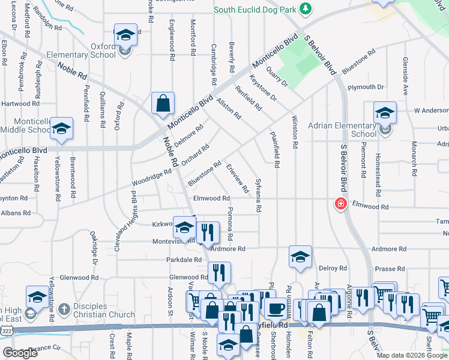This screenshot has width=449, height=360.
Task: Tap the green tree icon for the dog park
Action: (x=307, y=8)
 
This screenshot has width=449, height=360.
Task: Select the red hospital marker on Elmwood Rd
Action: (x=341, y=205)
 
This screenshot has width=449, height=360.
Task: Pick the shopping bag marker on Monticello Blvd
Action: (x=163, y=104)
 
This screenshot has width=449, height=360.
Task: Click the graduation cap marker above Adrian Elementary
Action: (x=385, y=112)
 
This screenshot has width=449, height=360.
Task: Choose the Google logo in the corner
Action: (x=20, y=353)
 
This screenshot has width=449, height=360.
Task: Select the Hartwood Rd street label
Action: (x=20, y=103)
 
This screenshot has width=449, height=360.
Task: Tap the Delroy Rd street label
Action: (x=333, y=268)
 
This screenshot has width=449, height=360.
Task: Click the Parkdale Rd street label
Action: (x=184, y=260)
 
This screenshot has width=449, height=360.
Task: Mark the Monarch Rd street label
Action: (x=414, y=158)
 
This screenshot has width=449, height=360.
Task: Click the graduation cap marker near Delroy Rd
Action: (x=300, y=256)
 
